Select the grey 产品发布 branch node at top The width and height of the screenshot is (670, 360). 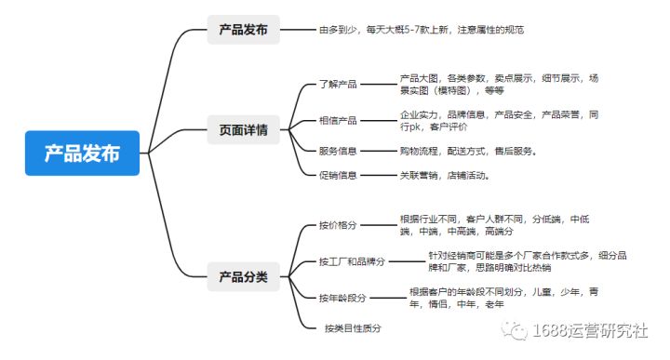pos(243,30)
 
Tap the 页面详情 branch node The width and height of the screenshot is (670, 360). pos(243,131)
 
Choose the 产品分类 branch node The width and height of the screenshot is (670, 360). pos(243,276)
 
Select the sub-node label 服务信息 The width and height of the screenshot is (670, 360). pos(338,151)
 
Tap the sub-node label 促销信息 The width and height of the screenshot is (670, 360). pos(338,174)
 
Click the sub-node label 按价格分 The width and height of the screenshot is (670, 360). pos(338,225)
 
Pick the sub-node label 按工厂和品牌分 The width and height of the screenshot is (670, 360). pos(352,262)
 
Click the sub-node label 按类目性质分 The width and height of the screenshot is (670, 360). pos(353,328)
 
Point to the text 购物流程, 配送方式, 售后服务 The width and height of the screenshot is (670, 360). pos(469,151)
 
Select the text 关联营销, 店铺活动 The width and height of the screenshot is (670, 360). pos(444,174)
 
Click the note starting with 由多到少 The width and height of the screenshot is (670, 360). pos(421,30)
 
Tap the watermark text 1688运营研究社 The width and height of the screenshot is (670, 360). pos(591,330)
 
